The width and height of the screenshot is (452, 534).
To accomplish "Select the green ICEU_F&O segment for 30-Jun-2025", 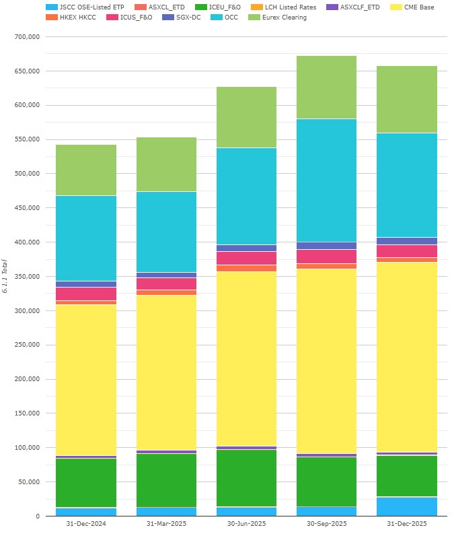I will tap(247, 478).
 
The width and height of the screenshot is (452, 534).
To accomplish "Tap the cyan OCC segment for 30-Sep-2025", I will tap(327, 180).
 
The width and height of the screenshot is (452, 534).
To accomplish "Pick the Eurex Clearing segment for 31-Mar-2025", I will tap(167, 164).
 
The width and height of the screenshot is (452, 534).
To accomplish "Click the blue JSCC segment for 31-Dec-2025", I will tap(407, 506).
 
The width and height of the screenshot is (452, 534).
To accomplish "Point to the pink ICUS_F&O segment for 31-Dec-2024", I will tap(86, 294).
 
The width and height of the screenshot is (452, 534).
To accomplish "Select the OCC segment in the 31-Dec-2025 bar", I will tap(407, 185).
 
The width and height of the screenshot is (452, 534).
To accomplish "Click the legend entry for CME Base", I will tap(418, 7).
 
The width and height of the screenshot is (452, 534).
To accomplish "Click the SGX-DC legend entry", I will tap(188, 17).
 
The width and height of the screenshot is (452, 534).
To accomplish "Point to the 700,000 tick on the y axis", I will tap(27, 37).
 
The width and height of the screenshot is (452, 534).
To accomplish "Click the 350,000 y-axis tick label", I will tap(27, 276).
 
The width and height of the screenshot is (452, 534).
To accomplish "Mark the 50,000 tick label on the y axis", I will tap(29, 482).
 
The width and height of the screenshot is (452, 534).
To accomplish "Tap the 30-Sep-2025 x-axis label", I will tap(327, 524).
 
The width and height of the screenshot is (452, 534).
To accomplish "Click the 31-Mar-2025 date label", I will tap(167, 524).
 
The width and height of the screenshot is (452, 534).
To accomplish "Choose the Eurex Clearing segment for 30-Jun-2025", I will tap(247, 117).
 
